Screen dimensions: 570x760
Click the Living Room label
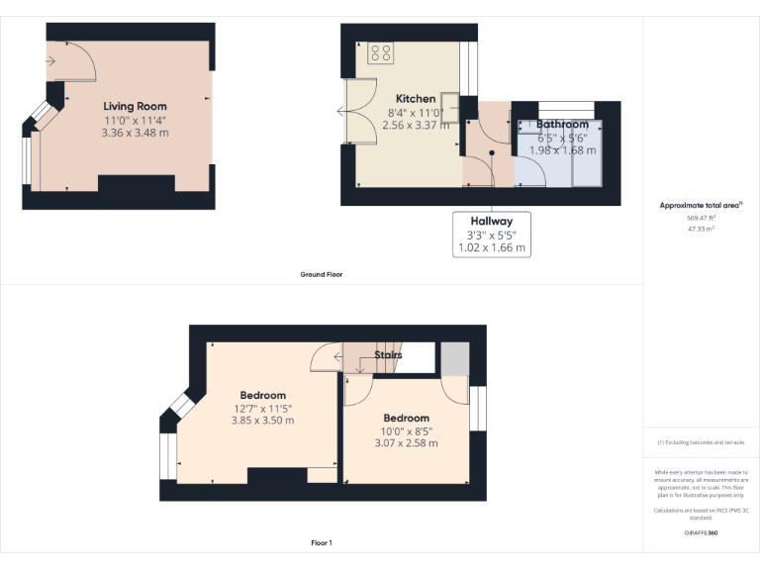pyautogui.click(x=135, y=106)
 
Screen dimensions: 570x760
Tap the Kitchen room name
pyautogui.click(x=416, y=99)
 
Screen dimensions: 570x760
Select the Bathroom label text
pyautogui.click(x=562, y=125)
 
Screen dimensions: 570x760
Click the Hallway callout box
pyautogui.click(x=492, y=236)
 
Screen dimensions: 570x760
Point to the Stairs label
pyautogui.click(x=388, y=353)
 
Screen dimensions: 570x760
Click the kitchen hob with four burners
pyautogui.click(x=381, y=52)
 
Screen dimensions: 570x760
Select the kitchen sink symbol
pyautogui.click(x=450, y=105)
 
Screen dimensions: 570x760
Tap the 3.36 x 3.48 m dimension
pyautogui.click(x=135, y=133)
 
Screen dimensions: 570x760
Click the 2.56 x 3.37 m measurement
pyautogui.click(x=416, y=126)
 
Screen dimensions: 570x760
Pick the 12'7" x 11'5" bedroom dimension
pyautogui.click(x=263, y=408)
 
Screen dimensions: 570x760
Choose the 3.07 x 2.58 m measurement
pyautogui.click(x=406, y=443)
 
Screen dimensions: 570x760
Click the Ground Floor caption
pyautogui.click(x=322, y=274)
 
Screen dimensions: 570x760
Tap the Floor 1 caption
pyautogui.click(x=322, y=543)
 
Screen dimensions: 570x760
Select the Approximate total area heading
pyautogui.click(x=701, y=206)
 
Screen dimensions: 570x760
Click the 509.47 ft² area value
pyautogui.click(x=701, y=217)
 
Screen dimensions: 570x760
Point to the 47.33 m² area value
pyautogui.click(x=701, y=228)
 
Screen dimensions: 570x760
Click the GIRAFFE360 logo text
pyautogui.click(x=701, y=533)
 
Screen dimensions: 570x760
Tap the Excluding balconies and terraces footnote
pyautogui.click(x=701, y=442)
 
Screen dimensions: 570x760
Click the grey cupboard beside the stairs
pyautogui.click(x=454, y=358)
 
